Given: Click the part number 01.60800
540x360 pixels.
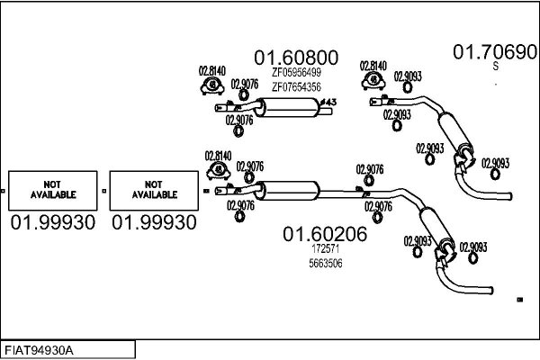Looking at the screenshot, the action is [x=296, y=58].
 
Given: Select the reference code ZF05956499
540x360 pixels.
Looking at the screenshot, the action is [x=296, y=72].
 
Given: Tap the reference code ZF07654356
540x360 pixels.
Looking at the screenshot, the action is [x=296, y=87].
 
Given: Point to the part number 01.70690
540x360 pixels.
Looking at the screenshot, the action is [x=495, y=52].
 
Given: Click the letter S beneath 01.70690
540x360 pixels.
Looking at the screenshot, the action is [x=496, y=66].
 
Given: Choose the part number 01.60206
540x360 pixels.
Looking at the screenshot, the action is [x=325, y=234].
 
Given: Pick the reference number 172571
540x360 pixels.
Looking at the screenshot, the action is [x=326, y=248].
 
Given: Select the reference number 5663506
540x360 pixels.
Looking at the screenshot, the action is [x=326, y=264].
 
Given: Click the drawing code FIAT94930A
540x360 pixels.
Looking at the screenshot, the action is [x=39, y=351].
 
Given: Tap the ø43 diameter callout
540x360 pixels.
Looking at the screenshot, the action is [x=328, y=103].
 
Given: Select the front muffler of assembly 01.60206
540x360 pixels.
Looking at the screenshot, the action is [x=288, y=191].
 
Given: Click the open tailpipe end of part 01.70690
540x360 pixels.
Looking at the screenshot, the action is [x=510, y=196].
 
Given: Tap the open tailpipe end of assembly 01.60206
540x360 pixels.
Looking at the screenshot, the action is [x=491, y=291].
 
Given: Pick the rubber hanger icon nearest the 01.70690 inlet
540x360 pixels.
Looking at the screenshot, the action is [x=373, y=81].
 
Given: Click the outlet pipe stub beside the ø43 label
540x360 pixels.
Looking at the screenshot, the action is [x=326, y=112].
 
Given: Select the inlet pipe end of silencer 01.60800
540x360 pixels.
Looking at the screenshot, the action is [x=219, y=108].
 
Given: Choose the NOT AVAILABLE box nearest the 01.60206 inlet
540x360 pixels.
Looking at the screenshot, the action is [x=154, y=191].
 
